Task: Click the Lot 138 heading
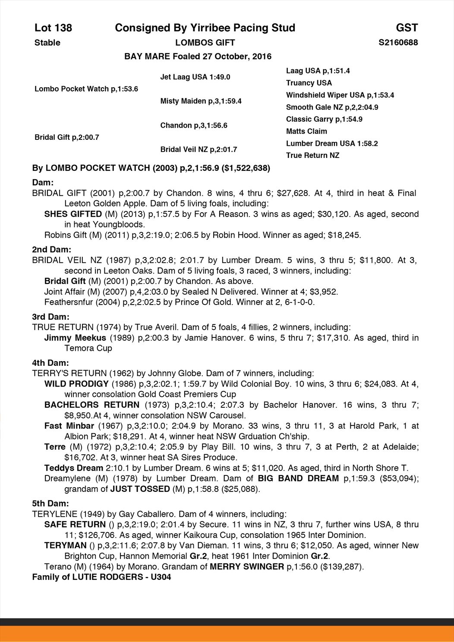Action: [x=53, y=28]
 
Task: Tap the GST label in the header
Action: [x=407, y=28]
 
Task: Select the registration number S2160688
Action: [x=398, y=42]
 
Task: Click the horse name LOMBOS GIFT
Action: [x=205, y=42]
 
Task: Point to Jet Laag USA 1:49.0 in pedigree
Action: [x=195, y=77]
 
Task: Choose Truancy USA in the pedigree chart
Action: [x=309, y=83]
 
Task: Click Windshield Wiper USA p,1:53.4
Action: [x=340, y=95]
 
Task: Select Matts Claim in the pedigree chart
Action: [x=306, y=131]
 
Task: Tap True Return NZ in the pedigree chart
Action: [x=312, y=155]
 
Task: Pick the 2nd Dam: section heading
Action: [x=51, y=249]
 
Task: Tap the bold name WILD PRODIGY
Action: [x=76, y=384]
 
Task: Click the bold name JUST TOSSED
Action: [x=140, y=489]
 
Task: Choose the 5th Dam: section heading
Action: [x=50, y=503]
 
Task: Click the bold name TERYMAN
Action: [x=66, y=545]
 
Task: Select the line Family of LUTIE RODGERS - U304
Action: [x=101, y=577]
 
